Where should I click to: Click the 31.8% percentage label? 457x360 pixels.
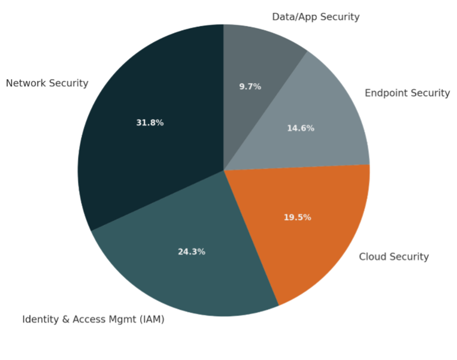pos(150,123)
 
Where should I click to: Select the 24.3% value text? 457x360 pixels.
pos(192,252)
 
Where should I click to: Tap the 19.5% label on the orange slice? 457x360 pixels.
pos(298,217)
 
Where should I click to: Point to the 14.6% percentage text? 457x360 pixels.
pos(301,128)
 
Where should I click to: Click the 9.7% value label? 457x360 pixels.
pos(250,86)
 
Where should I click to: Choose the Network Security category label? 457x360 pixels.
pos(47,83)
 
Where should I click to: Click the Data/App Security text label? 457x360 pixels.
pos(316,17)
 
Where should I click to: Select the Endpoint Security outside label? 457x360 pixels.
pos(407,93)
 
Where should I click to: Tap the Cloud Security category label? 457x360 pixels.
pos(394,257)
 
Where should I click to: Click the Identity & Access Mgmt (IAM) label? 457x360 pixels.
pos(93,319)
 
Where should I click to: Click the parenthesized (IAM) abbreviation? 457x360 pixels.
pos(152,319)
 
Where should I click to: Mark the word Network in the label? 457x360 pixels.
pos(26,83)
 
